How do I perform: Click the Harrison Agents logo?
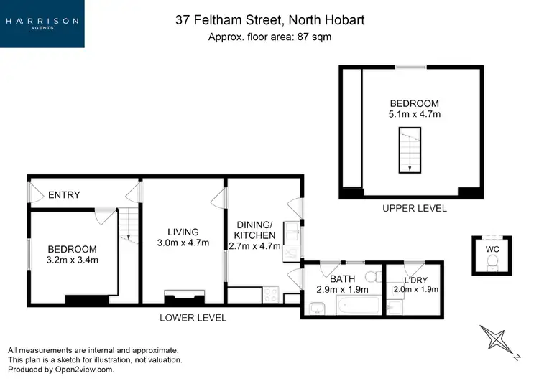pos(42,23)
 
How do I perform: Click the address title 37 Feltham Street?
pos(269,20)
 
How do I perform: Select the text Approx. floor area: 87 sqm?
pos(269,37)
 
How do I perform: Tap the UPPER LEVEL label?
pos(415,208)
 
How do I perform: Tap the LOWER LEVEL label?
pos(193,317)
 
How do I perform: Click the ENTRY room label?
pos(64,194)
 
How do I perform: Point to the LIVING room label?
pos(183,232)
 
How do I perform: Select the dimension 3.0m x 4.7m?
pos(183,243)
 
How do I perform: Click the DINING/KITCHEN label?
pos(256,230)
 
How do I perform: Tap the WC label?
pos(492,248)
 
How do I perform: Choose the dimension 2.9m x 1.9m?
pos(342,290)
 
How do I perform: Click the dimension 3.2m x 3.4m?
pos(72,259)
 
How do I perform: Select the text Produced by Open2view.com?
pos(61,370)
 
